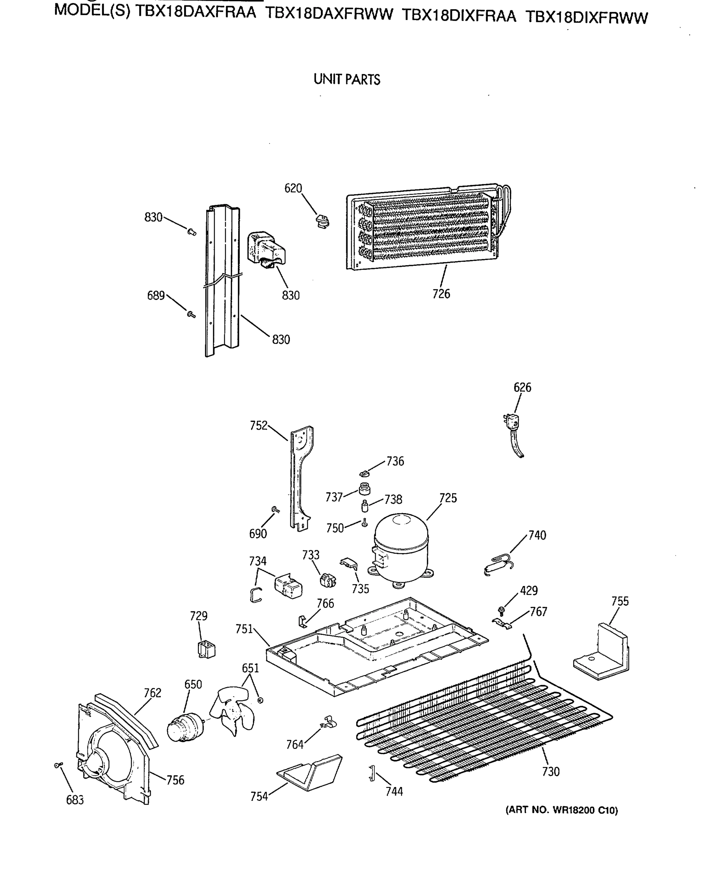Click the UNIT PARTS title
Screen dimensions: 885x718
tap(347, 79)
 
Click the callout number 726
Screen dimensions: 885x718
tap(441, 294)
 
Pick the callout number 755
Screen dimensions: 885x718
tap(620, 601)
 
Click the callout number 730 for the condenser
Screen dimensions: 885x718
tap(551, 772)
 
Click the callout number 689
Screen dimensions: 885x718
tap(156, 296)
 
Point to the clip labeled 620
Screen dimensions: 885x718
tap(322, 221)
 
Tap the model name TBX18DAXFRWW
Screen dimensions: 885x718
tap(329, 14)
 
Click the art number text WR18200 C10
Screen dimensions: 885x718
tap(561, 810)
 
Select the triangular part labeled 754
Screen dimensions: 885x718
tap(310, 773)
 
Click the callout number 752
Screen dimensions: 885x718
tap(259, 426)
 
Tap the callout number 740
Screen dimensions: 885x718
tap(537, 535)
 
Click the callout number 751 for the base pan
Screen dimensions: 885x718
tap(244, 629)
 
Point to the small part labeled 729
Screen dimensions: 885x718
tap(207, 649)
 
